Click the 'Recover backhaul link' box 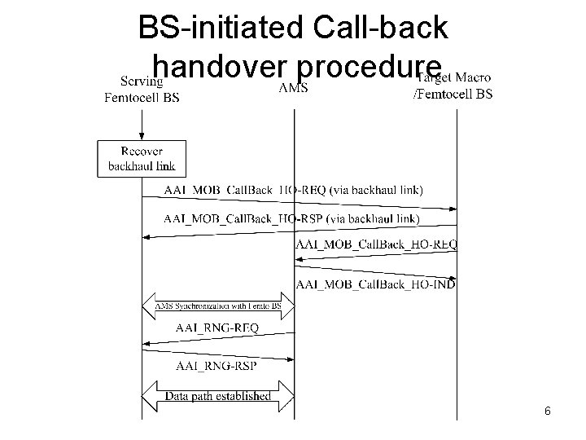click(142, 158)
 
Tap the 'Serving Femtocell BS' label click(142, 88)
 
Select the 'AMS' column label click(293, 87)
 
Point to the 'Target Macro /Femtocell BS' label click(453, 85)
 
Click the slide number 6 click(548, 411)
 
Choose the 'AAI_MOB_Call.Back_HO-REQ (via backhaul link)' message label click(293, 191)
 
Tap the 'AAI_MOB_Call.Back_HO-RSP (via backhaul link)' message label click(291, 218)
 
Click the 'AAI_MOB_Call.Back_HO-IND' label click(376, 284)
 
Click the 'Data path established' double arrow click(218, 397)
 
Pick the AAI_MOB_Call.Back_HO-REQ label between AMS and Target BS click(376, 243)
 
